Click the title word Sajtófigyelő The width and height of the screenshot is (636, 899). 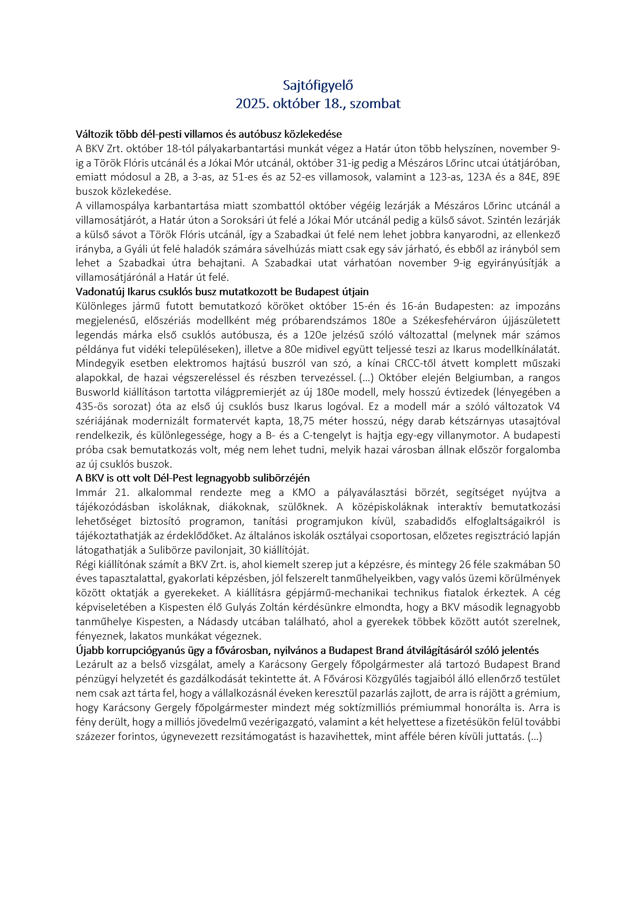tap(318, 85)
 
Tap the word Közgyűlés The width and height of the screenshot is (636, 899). tap(366, 679)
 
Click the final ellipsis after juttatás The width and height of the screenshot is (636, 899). tap(535, 737)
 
